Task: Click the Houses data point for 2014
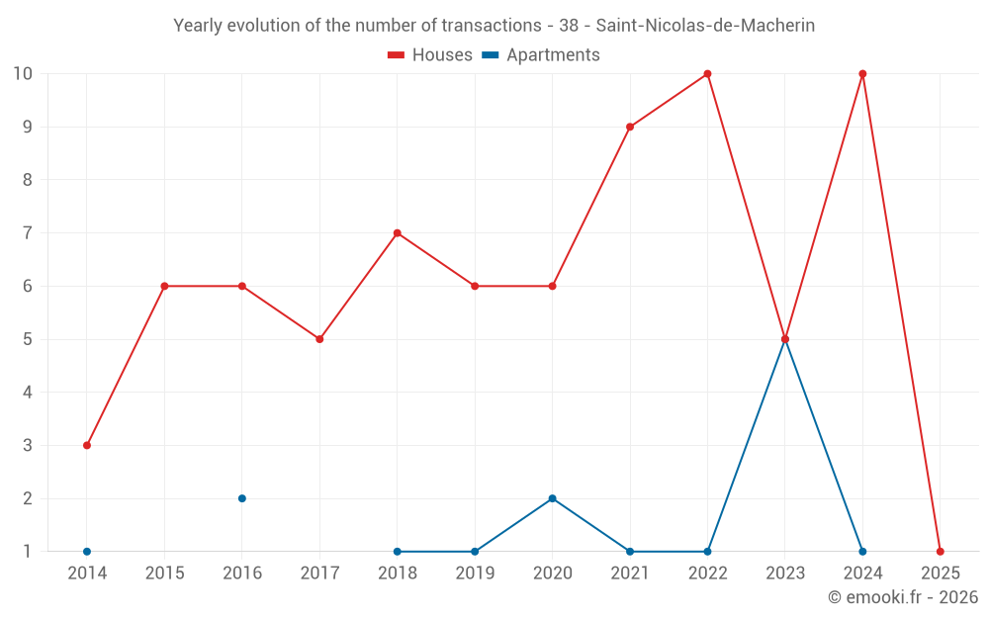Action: coord(87,445)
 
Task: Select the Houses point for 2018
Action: coord(398,233)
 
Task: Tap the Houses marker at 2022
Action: coord(708,74)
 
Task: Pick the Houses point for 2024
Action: coord(862,74)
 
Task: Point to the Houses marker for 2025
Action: coord(941,551)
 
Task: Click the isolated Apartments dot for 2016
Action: coord(242,498)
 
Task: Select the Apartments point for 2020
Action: coord(553,498)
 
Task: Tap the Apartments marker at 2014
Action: coord(87,551)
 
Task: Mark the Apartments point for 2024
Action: coord(862,551)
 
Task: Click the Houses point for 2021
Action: coord(630,127)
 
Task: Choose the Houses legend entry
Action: coord(430,55)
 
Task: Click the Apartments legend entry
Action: coord(541,55)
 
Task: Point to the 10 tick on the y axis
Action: coord(23,74)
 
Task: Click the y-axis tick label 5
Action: coord(28,339)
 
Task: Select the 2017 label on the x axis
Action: coord(319,574)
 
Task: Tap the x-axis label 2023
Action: coord(785,574)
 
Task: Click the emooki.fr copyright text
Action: coord(902,597)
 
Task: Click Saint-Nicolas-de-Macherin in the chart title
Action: coord(705,26)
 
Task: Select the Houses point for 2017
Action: coord(319,339)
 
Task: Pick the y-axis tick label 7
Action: coord(28,233)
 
